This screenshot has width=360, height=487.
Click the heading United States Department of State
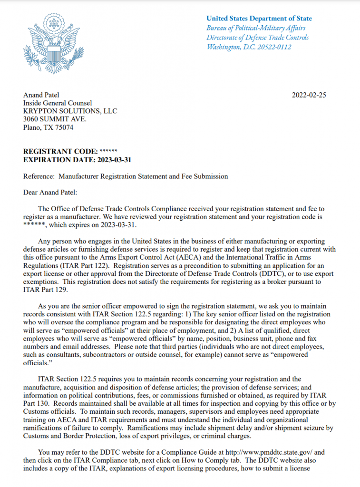259,19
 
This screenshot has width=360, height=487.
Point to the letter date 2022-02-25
309,95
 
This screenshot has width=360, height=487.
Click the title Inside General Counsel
58,103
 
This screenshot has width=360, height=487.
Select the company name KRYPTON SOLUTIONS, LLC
70,111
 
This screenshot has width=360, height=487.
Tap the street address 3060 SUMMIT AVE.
53,119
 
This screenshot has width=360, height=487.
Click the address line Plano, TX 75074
49,127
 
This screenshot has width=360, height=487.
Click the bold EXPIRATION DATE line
77,160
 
